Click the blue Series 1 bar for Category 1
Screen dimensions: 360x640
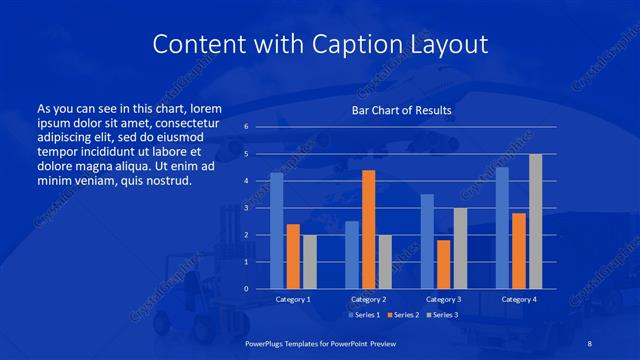click(x=277, y=231)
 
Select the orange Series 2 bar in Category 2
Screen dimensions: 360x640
click(x=368, y=229)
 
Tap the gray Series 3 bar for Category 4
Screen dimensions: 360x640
click(x=535, y=221)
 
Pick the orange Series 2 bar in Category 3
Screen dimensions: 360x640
click(x=443, y=264)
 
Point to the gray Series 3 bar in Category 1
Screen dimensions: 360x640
click(x=310, y=262)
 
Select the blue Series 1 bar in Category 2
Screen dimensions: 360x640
click(x=352, y=255)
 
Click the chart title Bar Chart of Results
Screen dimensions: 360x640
click(x=401, y=110)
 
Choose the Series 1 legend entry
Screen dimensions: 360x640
click(x=363, y=315)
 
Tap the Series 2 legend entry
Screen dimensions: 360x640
click(x=402, y=315)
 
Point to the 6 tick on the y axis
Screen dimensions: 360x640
click(x=246, y=127)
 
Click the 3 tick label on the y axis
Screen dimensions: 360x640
click(x=246, y=208)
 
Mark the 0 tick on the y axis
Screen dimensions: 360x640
click(x=246, y=289)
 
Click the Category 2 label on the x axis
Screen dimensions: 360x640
click(x=368, y=299)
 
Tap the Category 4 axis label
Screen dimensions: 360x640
click(x=518, y=299)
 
